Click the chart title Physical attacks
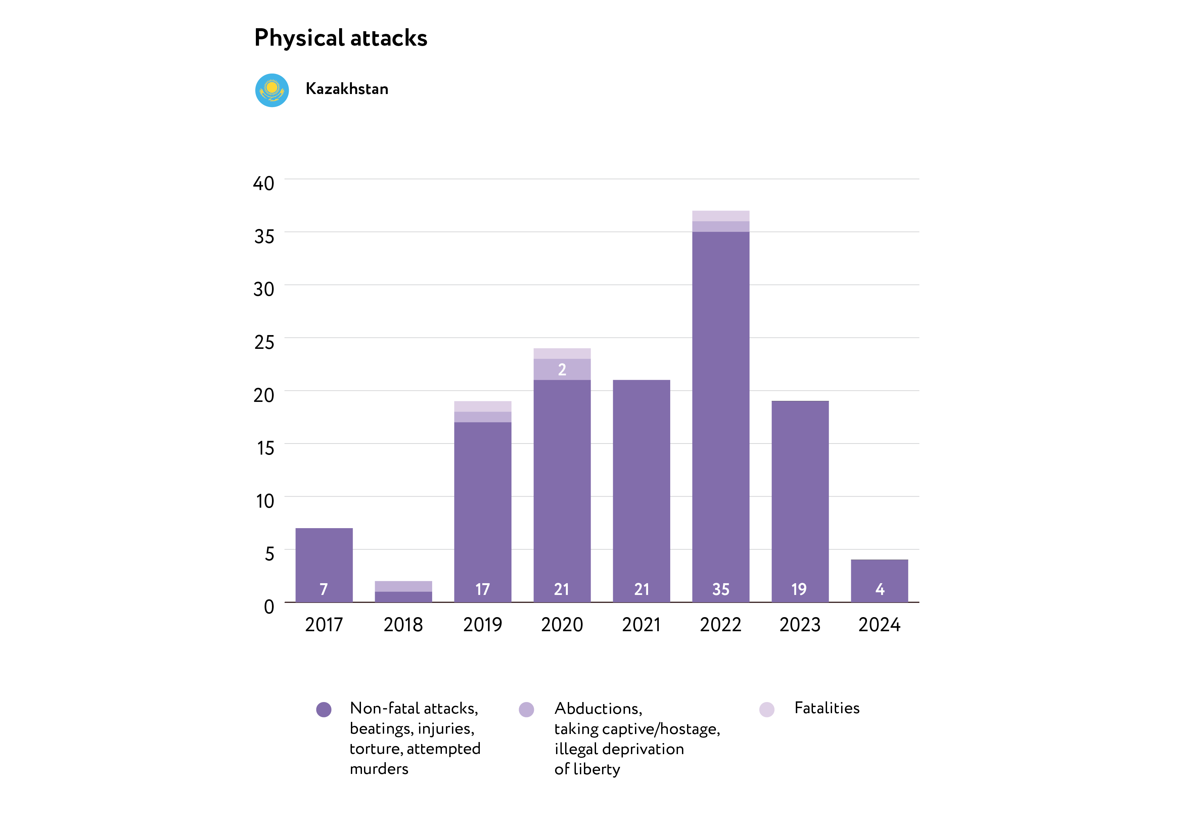tap(340, 38)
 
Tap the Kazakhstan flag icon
tap(272, 91)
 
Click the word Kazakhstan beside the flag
tap(347, 89)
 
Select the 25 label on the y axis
tap(264, 342)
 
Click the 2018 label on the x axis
tap(403, 624)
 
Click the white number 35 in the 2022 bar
tap(721, 589)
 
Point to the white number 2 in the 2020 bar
tap(562, 369)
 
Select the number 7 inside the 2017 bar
tap(324, 589)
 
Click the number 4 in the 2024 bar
tap(880, 589)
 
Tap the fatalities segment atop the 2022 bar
tap(721, 216)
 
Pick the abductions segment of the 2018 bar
tap(403, 586)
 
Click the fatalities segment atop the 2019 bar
tap(483, 406)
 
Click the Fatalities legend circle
tap(767, 709)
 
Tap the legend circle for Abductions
tap(526, 709)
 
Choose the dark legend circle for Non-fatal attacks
tap(324, 709)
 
